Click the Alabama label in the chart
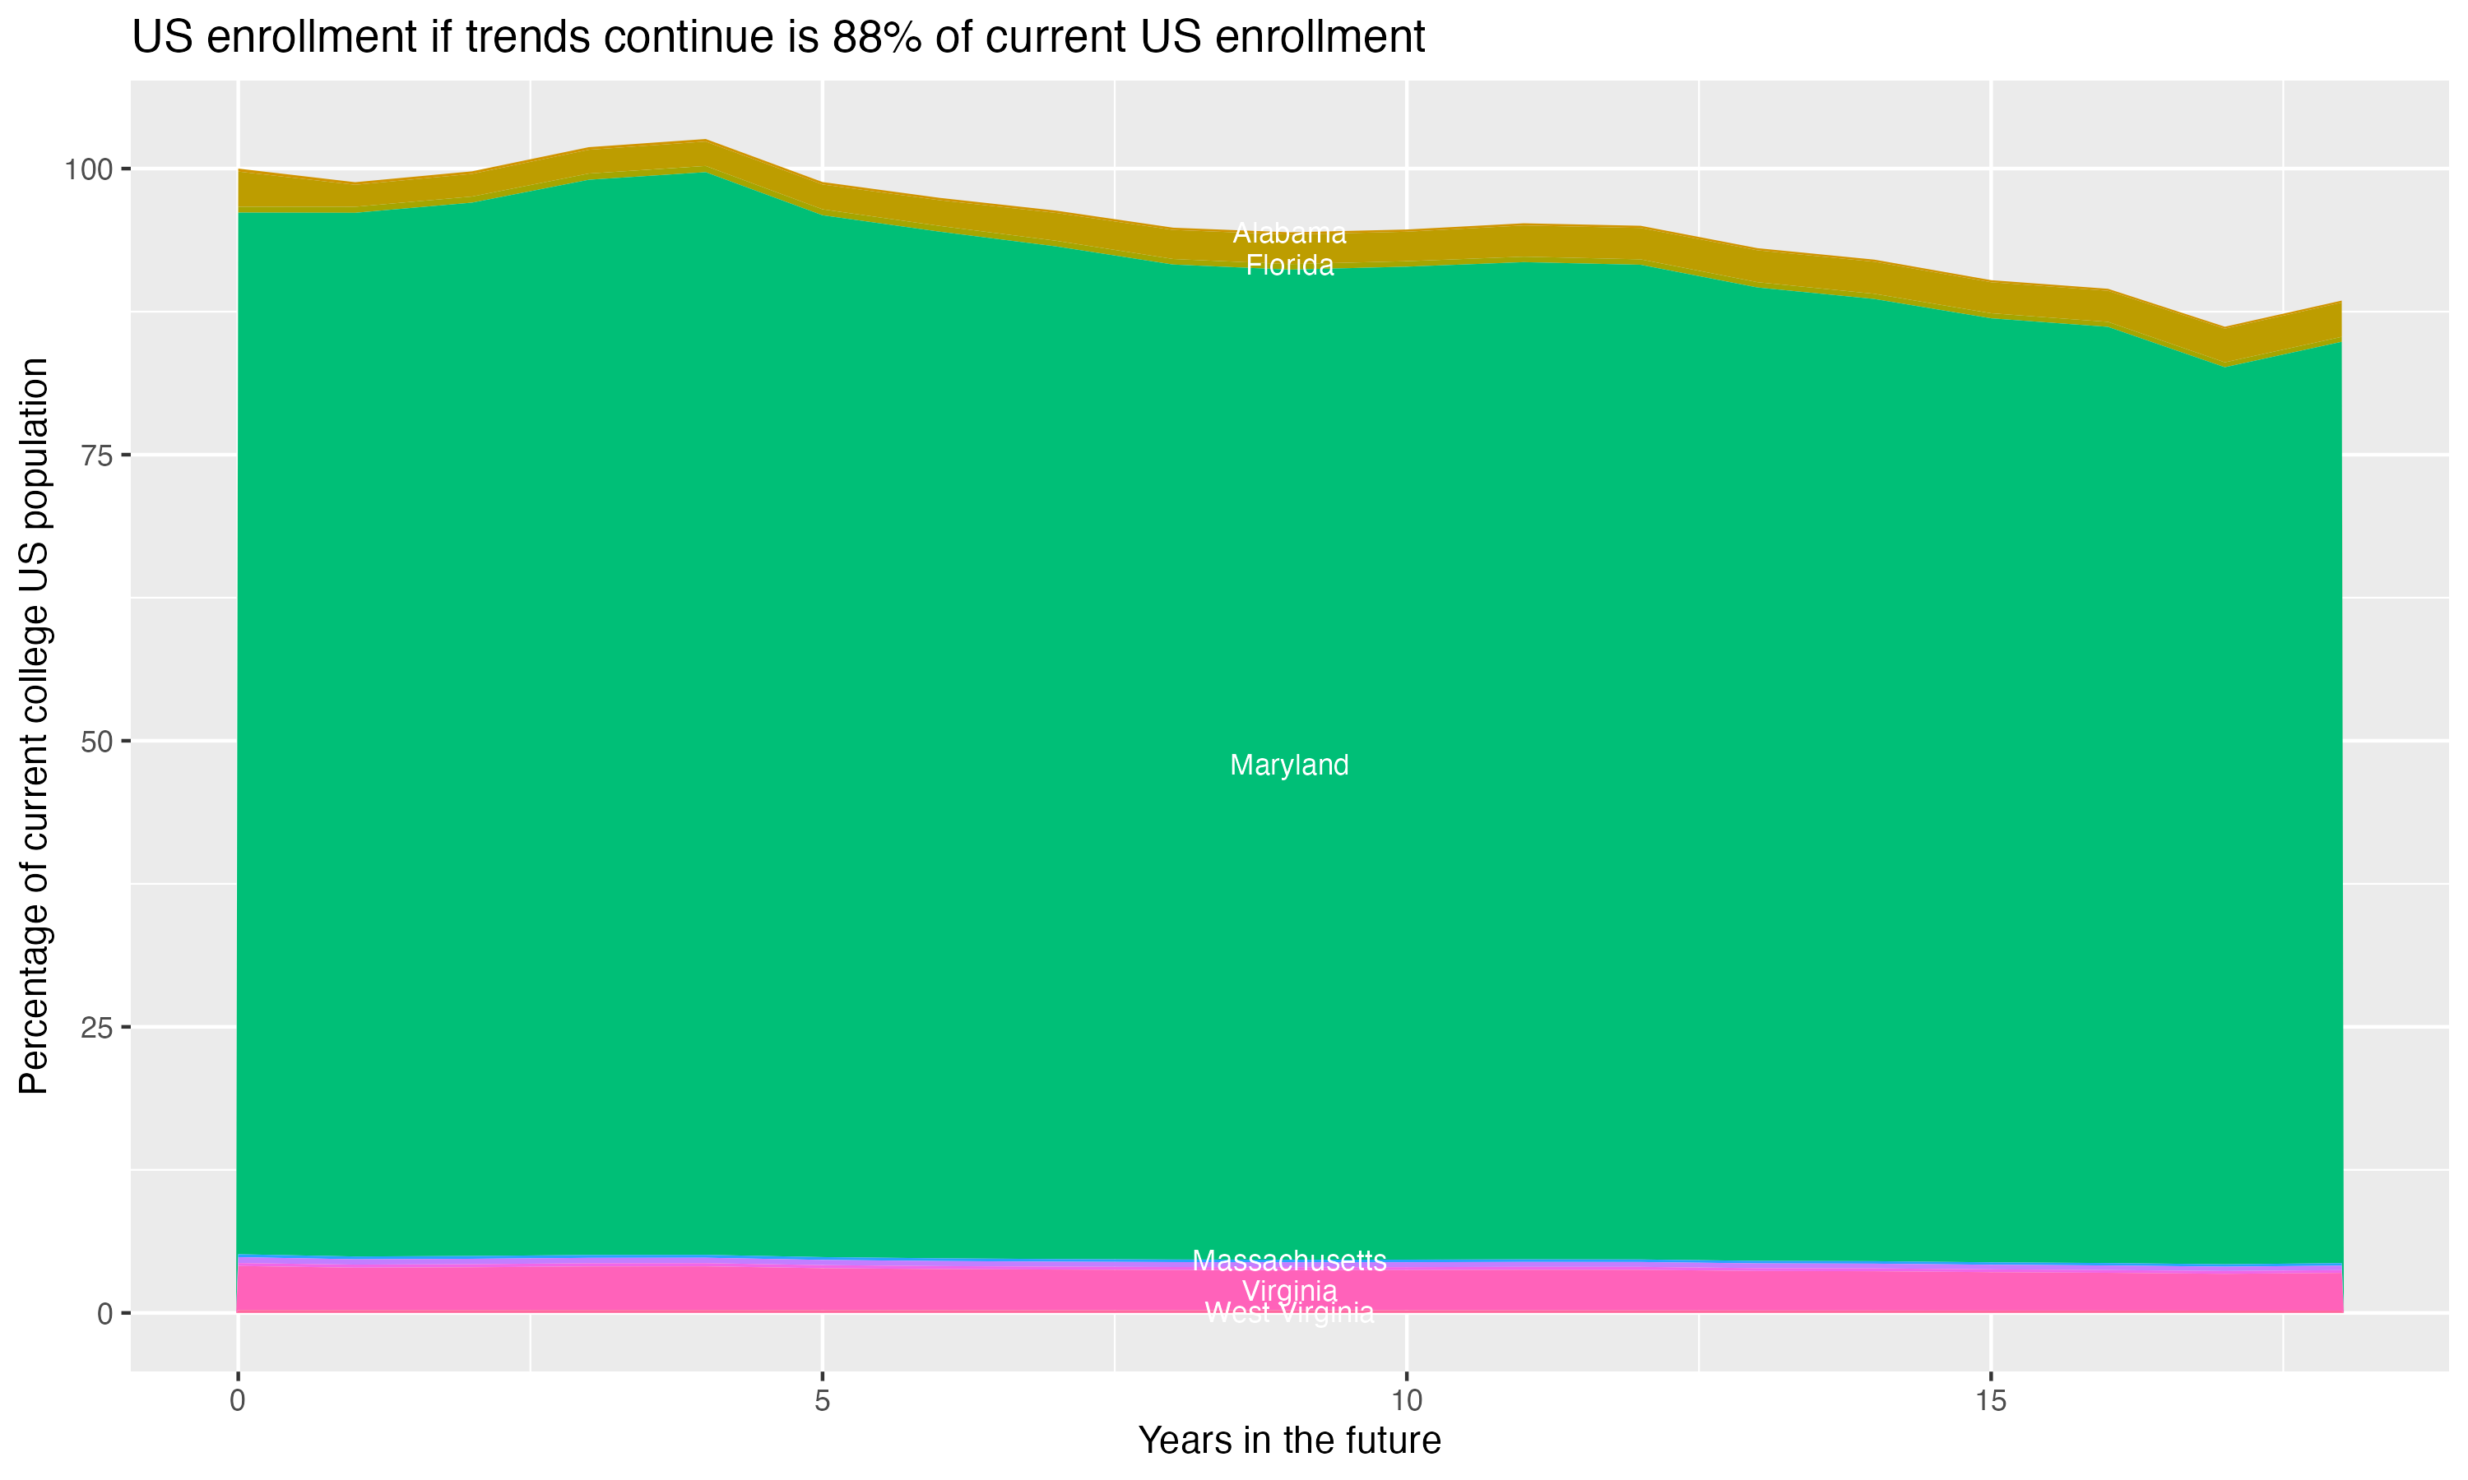click(1289, 234)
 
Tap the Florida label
click(1289, 266)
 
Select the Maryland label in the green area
click(1289, 765)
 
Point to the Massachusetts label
click(1289, 1260)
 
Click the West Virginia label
click(1289, 1313)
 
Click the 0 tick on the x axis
click(238, 1401)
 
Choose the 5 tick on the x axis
click(822, 1401)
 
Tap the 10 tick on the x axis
click(1407, 1401)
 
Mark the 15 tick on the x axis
click(1990, 1401)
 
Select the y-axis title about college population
click(34, 725)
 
